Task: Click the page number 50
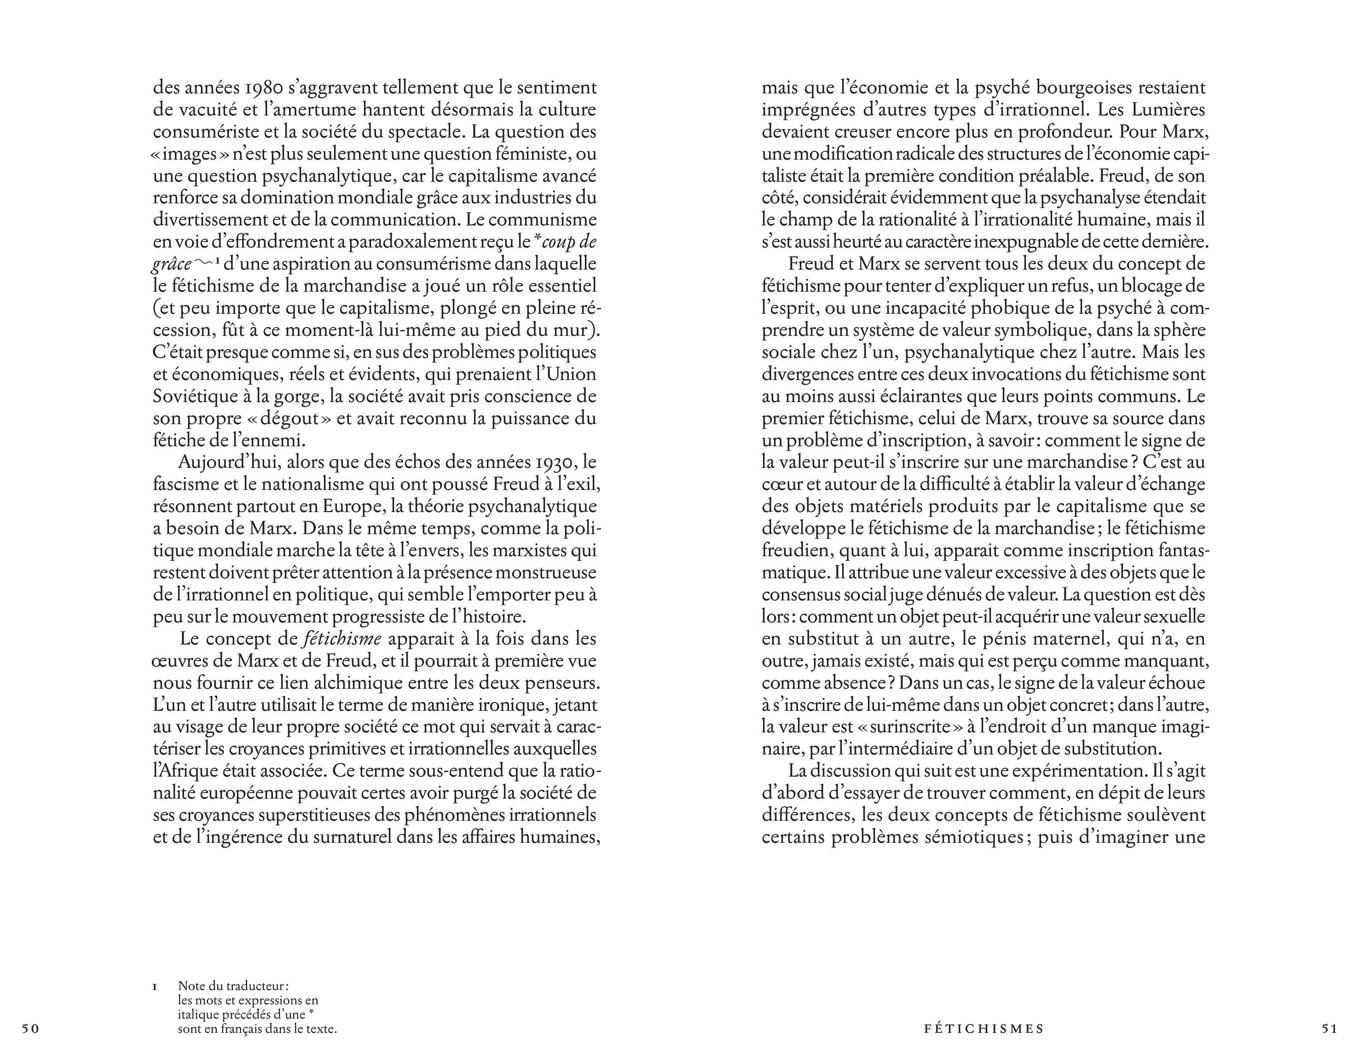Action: pos(30,1028)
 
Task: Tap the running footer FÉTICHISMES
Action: pos(984,1028)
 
